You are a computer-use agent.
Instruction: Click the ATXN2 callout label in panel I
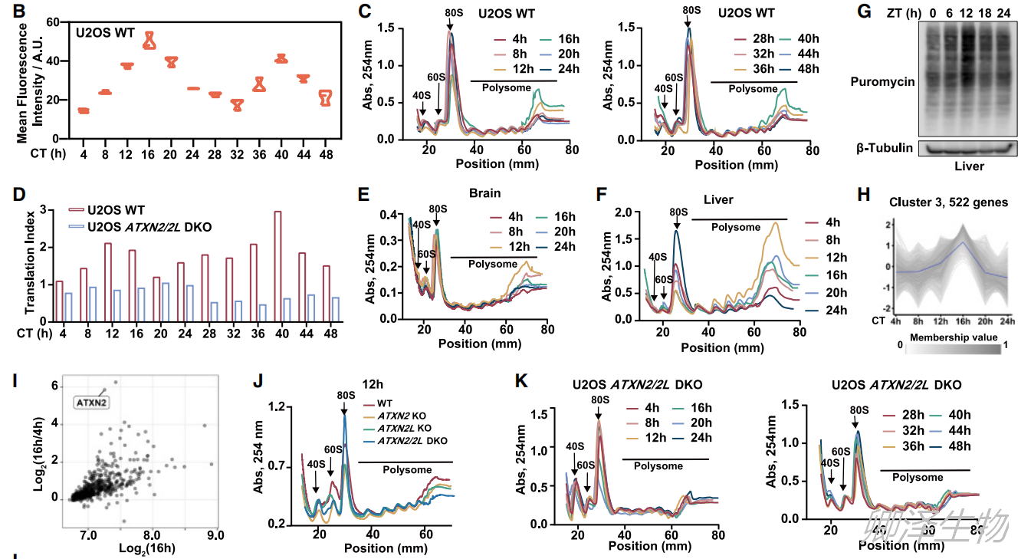tap(89, 400)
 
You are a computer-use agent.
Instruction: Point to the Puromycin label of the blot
tap(883, 81)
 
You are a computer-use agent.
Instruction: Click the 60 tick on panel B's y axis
tap(54, 22)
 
